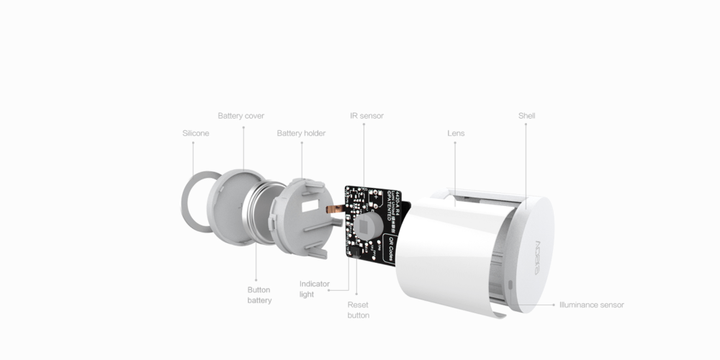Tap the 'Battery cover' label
pos(240,115)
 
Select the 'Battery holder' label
pos(301,133)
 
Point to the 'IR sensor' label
pos(366,115)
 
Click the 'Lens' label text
pos(456,133)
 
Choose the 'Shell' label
pos(526,115)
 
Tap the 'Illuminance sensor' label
pos(591,305)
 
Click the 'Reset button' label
pos(358,310)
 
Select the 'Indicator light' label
pos(314,289)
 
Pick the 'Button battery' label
pos(259,294)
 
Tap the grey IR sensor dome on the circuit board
pos(367,227)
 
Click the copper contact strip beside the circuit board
pos(336,210)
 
